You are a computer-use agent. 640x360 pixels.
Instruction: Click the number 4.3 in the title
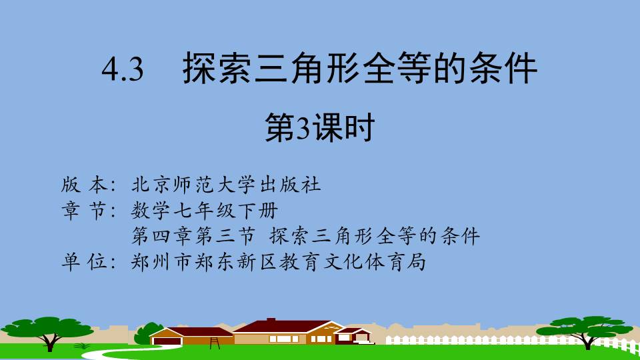(x=123, y=69)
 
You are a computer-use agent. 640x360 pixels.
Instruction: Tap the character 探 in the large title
(x=199, y=68)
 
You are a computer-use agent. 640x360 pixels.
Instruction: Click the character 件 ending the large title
(x=520, y=68)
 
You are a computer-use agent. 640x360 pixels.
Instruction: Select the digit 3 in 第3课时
(x=303, y=128)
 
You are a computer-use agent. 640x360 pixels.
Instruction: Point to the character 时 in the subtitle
(x=360, y=128)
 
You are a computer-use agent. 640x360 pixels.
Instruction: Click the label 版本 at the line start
(x=85, y=185)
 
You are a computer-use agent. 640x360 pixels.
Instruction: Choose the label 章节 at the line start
(x=85, y=211)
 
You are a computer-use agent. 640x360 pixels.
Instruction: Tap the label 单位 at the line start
(x=85, y=261)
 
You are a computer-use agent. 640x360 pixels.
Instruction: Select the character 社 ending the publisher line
(x=311, y=185)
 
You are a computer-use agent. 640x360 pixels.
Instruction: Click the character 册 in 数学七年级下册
(x=269, y=211)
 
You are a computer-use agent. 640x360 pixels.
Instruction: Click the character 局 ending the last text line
(x=416, y=261)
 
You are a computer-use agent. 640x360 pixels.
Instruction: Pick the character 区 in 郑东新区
(x=269, y=261)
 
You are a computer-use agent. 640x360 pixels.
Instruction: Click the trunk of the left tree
(x=50, y=342)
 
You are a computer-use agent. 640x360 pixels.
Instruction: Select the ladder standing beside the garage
(x=215, y=343)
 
